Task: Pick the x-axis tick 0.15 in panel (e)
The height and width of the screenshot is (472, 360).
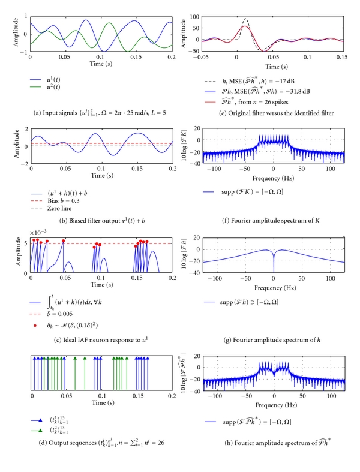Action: tap(344, 58)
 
